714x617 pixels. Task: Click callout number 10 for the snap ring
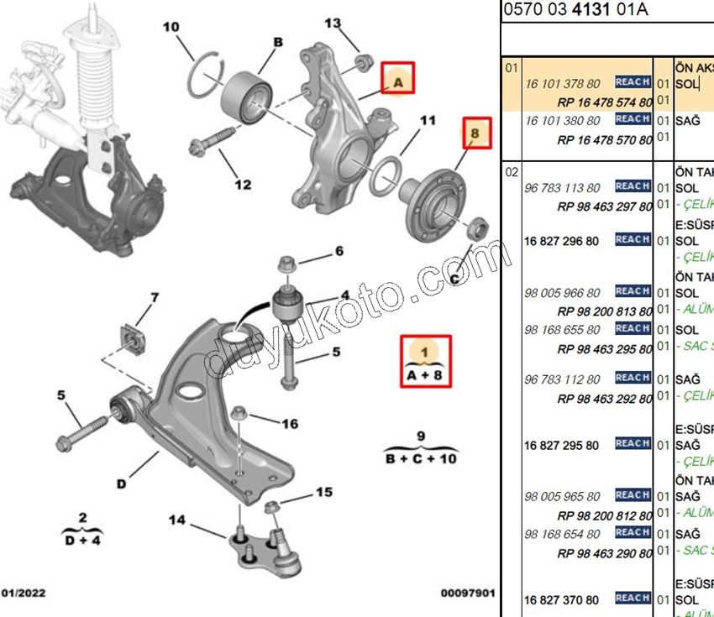point(171,28)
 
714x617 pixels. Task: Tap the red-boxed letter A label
point(398,82)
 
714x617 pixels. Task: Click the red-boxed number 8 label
point(475,134)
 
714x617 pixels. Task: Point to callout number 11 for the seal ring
point(428,122)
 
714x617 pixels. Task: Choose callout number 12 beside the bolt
point(243,185)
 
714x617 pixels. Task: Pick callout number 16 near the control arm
point(289,424)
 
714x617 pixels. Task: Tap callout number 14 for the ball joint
point(176,520)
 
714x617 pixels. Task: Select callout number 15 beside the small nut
point(323,492)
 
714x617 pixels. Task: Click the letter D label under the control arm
point(122,484)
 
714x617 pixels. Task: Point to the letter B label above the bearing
point(276,42)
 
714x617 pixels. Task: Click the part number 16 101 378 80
point(563,83)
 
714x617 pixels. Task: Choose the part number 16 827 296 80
point(562,241)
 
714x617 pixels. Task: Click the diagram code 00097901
point(469,593)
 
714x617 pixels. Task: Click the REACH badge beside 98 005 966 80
point(633,291)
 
